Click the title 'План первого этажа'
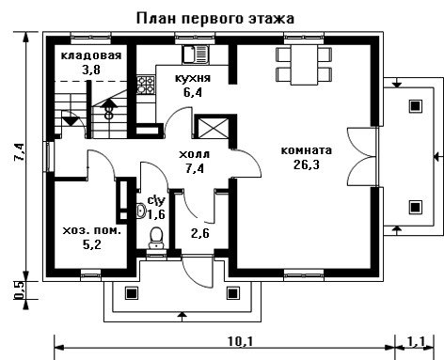(215, 19)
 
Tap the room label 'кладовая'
(91, 55)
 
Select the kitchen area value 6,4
(193, 92)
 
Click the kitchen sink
(195, 55)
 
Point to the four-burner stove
(146, 85)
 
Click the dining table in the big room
(304, 65)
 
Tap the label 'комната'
(306, 150)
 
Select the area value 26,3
(307, 164)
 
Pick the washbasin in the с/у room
(141, 211)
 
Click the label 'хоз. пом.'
(92, 231)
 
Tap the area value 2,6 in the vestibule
(199, 233)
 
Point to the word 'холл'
(194, 154)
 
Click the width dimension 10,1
(241, 341)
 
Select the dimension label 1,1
(417, 341)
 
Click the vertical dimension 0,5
(19, 290)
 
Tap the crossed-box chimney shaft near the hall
(213, 128)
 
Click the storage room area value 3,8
(91, 70)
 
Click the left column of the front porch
(132, 293)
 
